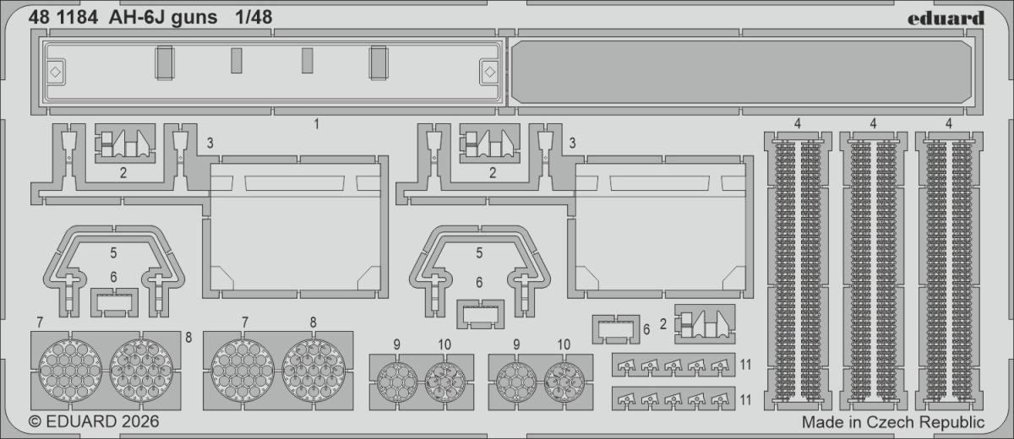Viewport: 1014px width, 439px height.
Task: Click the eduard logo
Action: tap(946, 18)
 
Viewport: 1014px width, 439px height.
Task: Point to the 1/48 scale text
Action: tap(253, 17)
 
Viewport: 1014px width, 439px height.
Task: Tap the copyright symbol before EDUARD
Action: tap(35, 421)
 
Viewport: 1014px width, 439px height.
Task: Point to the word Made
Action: tap(824, 422)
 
